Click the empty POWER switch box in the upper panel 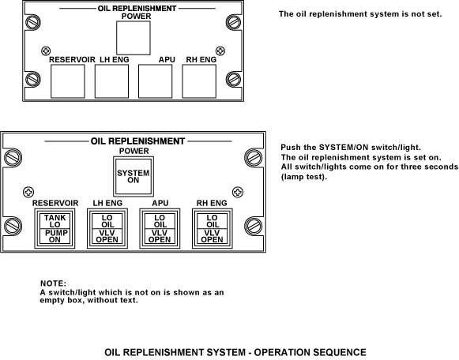[134, 38]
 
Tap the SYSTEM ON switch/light [134, 177]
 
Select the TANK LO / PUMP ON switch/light [55, 229]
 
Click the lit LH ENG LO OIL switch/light [107, 229]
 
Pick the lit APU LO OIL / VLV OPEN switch [160, 229]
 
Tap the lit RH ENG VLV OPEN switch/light [213, 229]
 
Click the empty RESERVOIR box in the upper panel [68, 81]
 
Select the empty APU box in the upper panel [155, 81]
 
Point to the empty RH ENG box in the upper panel [199, 81]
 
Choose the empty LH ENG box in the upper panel [111, 81]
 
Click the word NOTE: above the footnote [53, 283]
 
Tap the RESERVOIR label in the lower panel [55, 203]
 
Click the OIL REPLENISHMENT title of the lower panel [137, 141]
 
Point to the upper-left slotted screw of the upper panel [33, 22]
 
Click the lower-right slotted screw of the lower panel [254, 226]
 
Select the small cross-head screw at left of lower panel [28, 192]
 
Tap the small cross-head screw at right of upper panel [220, 51]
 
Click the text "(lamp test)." [304, 177]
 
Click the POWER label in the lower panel [134, 151]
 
